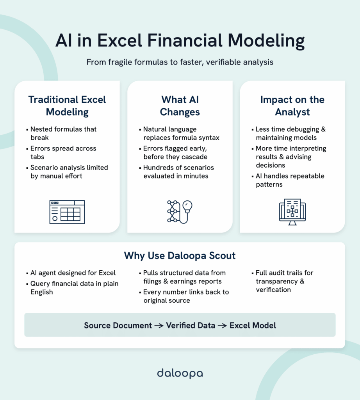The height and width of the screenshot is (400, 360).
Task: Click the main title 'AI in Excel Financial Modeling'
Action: (x=180, y=41)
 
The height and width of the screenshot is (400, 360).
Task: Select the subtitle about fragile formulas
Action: (x=180, y=62)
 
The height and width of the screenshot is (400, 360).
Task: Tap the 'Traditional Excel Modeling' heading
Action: (x=67, y=105)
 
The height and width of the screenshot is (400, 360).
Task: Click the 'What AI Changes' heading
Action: (x=180, y=105)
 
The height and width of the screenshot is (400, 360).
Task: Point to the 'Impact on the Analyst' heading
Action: (x=292, y=105)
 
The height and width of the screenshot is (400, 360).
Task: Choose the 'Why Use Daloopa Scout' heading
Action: (x=180, y=256)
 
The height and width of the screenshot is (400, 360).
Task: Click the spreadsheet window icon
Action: (x=67, y=212)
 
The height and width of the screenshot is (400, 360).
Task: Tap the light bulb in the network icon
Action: (x=188, y=206)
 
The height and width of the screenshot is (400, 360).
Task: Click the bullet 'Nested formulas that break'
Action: (x=63, y=134)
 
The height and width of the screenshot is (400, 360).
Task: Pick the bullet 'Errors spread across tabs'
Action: (x=63, y=153)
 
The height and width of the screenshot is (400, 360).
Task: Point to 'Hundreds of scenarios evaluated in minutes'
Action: (x=178, y=172)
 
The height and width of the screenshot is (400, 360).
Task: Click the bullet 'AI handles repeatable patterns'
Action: (x=290, y=180)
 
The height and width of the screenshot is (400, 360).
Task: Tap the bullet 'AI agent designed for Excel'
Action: (x=73, y=273)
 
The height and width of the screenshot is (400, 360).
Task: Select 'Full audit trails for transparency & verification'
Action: (x=284, y=281)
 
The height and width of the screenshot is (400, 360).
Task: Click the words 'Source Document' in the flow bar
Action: (x=118, y=325)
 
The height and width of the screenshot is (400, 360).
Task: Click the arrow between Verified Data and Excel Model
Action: (x=222, y=325)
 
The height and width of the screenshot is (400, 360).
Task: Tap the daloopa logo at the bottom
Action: (x=180, y=373)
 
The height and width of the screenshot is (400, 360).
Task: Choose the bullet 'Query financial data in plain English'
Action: (x=74, y=287)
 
